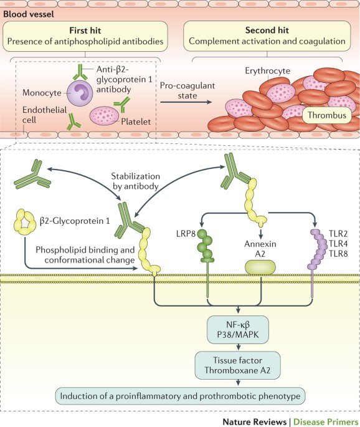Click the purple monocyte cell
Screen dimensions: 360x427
(80, 94)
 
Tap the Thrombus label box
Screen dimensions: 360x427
(327, 115)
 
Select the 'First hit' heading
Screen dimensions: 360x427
(85, 30)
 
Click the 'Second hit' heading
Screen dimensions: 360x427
(267, 30)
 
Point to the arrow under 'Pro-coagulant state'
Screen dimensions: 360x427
(186, 102)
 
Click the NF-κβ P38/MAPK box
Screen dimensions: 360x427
(238, 330)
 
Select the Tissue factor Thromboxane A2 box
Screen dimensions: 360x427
(237, 365)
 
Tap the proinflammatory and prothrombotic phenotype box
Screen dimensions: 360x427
(180, 396)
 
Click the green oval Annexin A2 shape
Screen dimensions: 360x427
(260, 267)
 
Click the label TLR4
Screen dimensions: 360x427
(338, 244)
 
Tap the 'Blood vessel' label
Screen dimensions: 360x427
(29, 14)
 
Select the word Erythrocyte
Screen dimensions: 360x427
(267, 71)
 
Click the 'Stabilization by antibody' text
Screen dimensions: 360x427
(135, 181)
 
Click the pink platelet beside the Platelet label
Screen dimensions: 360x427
(104, 115)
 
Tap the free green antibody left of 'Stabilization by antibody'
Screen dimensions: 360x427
(32, 175)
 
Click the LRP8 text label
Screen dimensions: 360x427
(186, 234)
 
